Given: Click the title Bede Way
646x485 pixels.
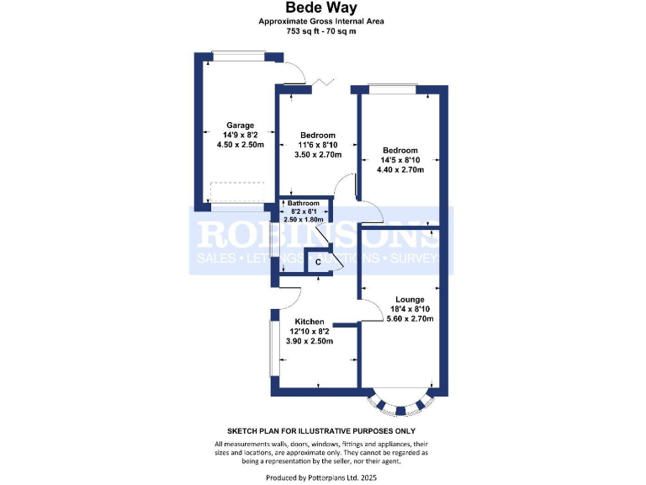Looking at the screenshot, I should [322, 8].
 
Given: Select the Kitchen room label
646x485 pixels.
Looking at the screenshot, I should [309, 322].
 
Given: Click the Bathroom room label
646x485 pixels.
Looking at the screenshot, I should [304, 204].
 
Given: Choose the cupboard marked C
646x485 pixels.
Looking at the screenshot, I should [318, 263].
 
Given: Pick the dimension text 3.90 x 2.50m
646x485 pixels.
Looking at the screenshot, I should [309, 341].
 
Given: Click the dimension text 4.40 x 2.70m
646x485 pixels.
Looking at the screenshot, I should [400, 170].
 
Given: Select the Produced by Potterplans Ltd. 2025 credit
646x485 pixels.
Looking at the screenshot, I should [322, 477].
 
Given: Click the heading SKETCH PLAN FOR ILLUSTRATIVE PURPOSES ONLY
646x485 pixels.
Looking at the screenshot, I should [322, 429].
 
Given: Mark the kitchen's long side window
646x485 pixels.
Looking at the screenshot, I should [272, 347].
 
